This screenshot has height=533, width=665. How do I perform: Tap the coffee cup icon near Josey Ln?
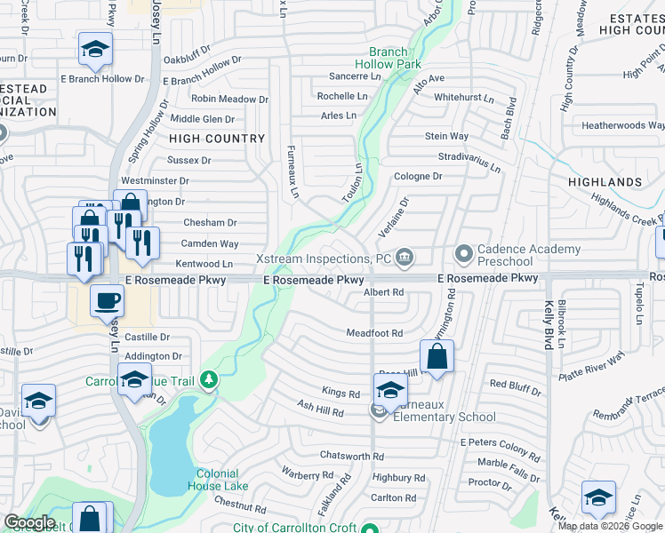107,301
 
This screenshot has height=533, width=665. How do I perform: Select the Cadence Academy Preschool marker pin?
463,255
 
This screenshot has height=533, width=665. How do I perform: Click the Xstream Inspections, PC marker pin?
405,258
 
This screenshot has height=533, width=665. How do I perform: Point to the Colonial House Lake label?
218,480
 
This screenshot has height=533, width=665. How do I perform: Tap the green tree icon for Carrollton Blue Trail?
209,381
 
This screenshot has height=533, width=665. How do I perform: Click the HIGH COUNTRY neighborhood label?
217,139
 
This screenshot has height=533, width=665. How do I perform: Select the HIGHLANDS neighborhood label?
609,182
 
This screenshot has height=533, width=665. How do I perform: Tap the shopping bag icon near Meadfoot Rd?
437,357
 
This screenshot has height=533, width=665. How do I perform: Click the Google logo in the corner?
29,522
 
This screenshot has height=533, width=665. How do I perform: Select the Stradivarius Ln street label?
469,161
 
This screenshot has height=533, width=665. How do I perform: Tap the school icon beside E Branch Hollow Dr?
95,50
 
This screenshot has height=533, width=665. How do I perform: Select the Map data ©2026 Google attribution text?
611,526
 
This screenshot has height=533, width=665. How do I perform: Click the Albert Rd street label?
385,292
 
